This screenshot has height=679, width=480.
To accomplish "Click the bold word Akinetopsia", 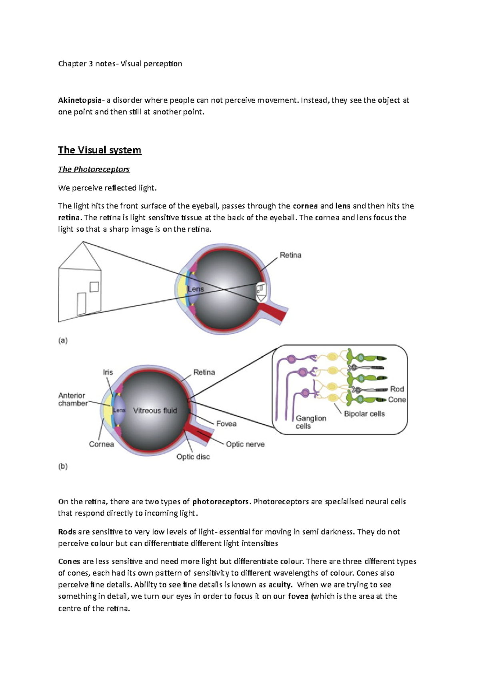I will (x=80, y=100).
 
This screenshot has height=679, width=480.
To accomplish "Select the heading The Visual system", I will (x=100, y=150).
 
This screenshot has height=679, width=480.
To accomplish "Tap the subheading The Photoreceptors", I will (x=94, y=170).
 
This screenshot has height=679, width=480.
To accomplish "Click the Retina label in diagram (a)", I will (x=290, y=255).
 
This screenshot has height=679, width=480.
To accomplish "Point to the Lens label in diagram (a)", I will (x=196, y=289).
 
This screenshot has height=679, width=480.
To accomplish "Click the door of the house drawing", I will (x=82, y=304).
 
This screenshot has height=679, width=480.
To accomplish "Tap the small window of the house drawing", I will (x=94, y=287).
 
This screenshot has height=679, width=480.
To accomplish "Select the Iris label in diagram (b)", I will (x=108, y=372).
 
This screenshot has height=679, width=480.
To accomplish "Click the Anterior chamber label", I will (x=72, y=399).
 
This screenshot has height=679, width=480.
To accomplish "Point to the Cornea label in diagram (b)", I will (x=102, y=444).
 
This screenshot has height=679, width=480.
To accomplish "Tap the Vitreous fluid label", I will (x=155, y=411).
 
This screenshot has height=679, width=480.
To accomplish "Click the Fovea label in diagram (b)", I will (x=226, y=423).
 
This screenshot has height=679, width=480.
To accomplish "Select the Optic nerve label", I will (x=245, y=444).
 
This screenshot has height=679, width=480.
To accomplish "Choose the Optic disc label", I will (x=193, y=457).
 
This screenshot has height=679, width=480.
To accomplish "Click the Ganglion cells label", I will (x=311, y=422).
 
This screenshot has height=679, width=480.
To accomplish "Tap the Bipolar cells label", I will (x=364, y=414).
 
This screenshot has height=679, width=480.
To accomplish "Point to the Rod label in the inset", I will (x=397, y=389).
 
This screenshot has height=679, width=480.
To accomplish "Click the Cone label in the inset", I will (x=397, y=399).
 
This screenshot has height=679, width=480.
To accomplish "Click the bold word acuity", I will (x=280, y=585).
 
